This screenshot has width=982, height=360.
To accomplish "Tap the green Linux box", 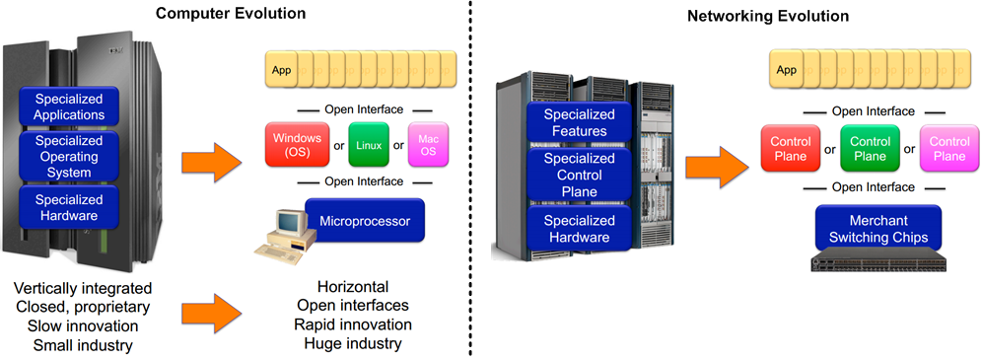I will coord(370,146).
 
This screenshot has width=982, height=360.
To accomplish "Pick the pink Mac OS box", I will coord(429,145).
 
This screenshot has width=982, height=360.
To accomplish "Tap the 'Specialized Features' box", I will coord(580,123).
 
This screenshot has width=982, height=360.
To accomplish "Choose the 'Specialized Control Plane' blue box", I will coord(580,175).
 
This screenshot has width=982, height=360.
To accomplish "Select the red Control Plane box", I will coord(789,150).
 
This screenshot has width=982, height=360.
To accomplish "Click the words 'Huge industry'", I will coord(353,344).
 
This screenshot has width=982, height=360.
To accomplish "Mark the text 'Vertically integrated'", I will coord(83,288).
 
